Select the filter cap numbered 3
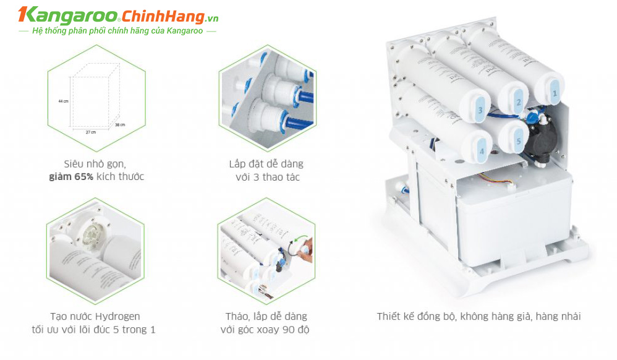[x=480, y=109]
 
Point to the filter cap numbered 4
[x=482, y=148]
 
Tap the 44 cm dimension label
[x=62, y=100]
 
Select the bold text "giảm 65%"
[x=72, y=177]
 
